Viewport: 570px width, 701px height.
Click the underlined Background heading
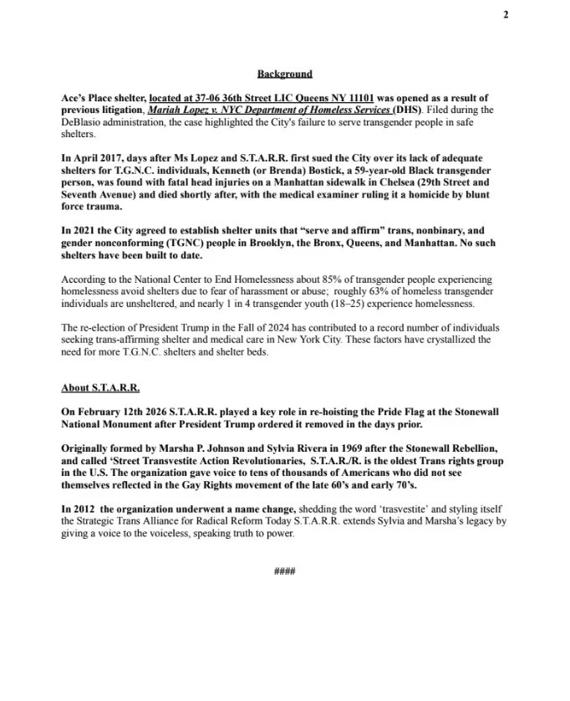coord(284,74)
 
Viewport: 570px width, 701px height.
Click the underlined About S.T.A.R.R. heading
coord(100,389)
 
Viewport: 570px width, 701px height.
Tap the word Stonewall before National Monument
coord(466,412)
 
